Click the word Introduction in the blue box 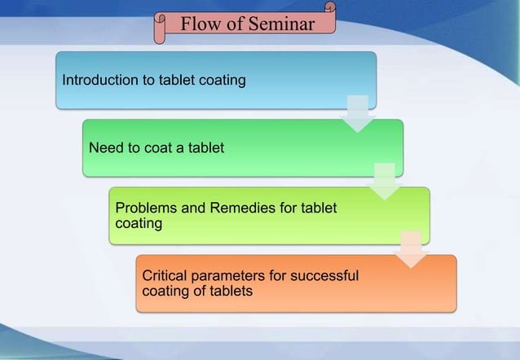click(97, 81)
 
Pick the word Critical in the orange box click(164, 276)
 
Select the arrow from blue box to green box click(357, 114)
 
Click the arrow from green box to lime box click(384, 182)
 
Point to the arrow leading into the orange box click(411, 249)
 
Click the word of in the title click(236, 24)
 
